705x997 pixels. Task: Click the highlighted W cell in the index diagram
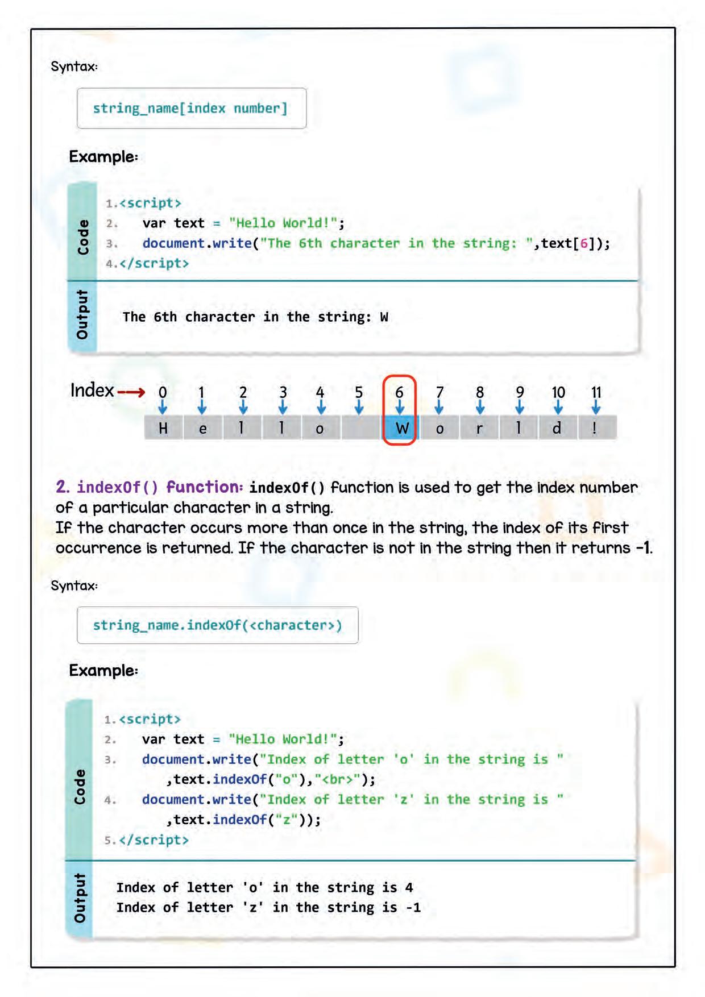(401, 428)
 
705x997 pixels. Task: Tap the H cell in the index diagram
(163, 428)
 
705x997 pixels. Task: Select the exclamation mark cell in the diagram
(595, 428)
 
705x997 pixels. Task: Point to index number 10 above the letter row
(558, 392)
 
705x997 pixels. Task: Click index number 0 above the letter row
(163, 392)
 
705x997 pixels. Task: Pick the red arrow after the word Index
(131, 392)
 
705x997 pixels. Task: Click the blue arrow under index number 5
(359, 407)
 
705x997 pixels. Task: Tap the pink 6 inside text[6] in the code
(584, 243)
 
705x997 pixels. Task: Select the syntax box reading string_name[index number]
(192, 108)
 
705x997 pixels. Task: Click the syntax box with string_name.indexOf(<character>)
(217, 625)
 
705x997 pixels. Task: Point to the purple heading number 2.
(63, 487)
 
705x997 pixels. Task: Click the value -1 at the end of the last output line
(413, 907)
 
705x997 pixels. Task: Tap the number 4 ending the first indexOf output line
(409, 887)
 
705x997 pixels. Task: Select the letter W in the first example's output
(384, 317)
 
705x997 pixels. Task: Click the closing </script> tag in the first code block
(154, 263)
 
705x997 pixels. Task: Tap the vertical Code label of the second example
(80, 787)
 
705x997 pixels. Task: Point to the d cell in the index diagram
(557, 428)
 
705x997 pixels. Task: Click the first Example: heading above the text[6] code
(103, 157)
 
